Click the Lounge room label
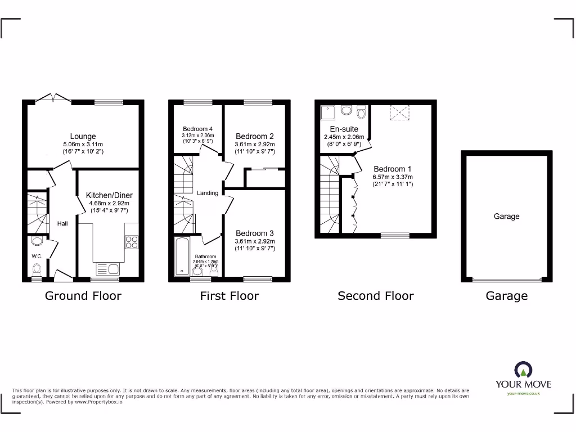83,136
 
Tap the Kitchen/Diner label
109,195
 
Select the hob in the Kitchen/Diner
131,242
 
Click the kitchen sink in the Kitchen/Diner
107,269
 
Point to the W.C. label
37,256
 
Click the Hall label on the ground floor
62,224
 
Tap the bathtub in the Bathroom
183,256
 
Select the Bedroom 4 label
197,129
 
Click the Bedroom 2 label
255,136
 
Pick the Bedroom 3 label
255,233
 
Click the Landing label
208,193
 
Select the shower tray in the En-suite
328,113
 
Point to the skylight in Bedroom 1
399,113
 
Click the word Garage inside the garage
506,216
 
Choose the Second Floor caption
375,296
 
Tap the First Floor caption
229,296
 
